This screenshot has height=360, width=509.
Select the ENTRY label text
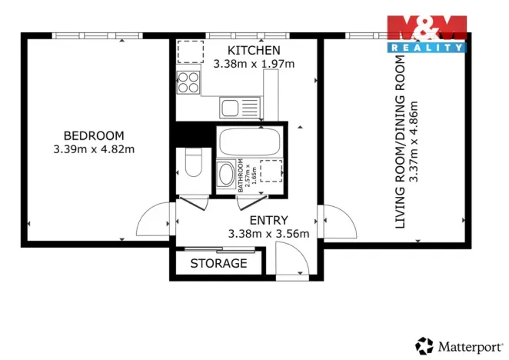268,220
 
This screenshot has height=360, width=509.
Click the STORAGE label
219,264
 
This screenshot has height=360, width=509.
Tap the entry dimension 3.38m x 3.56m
268,233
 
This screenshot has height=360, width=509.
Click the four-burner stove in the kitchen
188,82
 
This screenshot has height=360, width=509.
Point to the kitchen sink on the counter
231,107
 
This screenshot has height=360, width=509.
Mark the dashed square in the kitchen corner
189,52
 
